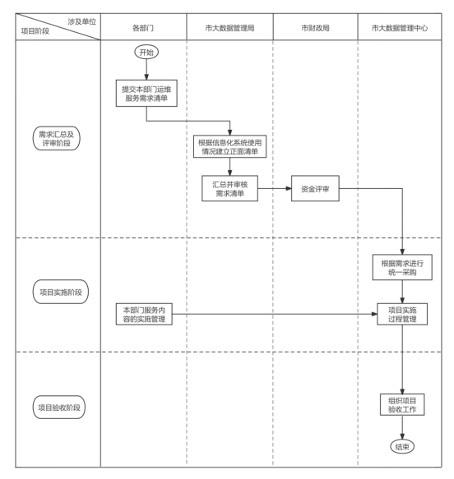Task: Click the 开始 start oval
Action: point(146,52)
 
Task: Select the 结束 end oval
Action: point(402,447)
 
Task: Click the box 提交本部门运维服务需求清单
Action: point(146,93)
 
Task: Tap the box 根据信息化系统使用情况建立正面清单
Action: point(230,146)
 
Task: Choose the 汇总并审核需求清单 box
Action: point(230,188)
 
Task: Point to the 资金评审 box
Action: point(315,188)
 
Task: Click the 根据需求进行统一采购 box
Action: point(402,267)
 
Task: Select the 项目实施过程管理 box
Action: point(402,314)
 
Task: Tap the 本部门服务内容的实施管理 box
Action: point(144,314)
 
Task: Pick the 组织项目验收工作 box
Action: point(402,404)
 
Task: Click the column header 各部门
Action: point(143,28)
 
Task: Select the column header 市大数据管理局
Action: point(230,28)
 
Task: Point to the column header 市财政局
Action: point(315,28)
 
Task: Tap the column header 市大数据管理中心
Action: point(400,28)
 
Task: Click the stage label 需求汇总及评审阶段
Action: point(57,138)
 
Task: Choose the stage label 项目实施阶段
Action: point(61,292)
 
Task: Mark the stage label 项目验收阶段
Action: point(59,408)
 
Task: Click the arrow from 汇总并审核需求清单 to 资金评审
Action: point(275,188)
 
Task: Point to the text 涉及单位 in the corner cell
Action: point(82,21)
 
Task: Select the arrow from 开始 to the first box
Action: point(146,69)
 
